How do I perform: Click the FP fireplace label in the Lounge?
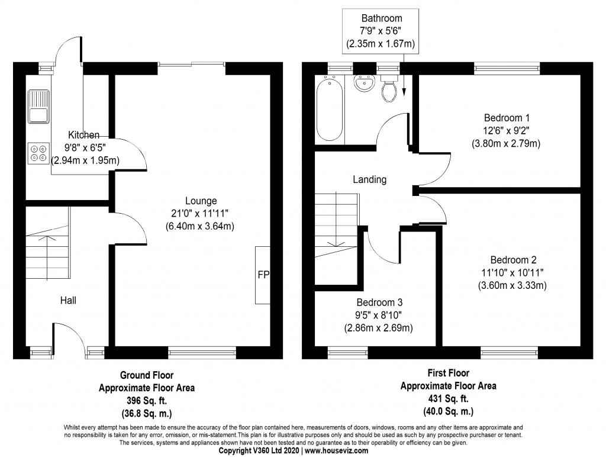(x=263, y=275)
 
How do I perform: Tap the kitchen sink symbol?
(x=39, y=106)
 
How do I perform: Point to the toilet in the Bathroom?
(x=389, y=91)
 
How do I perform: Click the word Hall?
(x=68, y=301)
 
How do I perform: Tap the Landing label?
(x=369, y=179)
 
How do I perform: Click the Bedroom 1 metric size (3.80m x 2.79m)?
(x=507, y=143)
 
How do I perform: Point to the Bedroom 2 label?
(x=513, y=260)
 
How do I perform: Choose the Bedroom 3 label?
(x=379, y=300)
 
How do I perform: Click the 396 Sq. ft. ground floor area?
(x=147, y=401)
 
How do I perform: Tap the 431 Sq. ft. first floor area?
(x=449, y=398)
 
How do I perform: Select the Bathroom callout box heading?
(x=382, y=18)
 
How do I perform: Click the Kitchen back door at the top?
(x=66, y=50)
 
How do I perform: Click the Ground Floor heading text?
(x=147, y=375)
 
